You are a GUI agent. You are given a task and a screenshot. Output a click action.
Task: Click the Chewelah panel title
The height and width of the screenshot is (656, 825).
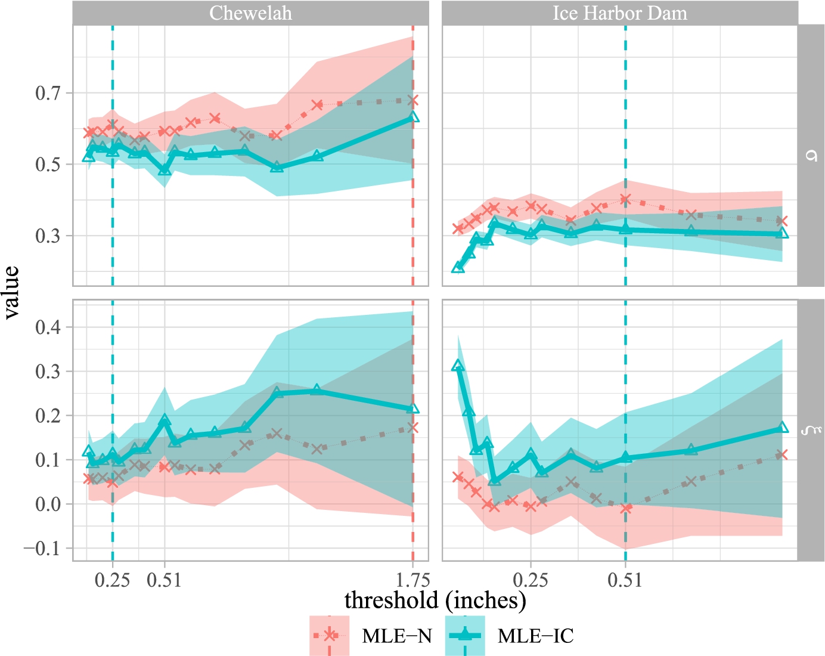point(250,13)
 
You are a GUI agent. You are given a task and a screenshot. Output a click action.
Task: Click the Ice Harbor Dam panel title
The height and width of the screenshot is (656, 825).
point(619,13)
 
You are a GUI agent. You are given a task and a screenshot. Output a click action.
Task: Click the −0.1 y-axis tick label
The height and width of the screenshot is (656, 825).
point(43,548)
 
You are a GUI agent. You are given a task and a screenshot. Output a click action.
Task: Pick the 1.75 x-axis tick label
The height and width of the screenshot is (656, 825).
point(412,580)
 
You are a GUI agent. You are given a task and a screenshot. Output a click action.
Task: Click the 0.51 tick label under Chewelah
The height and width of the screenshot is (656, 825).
point(165,580)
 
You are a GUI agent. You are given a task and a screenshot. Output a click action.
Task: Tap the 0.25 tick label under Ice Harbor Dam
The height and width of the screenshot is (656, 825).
point(531,580)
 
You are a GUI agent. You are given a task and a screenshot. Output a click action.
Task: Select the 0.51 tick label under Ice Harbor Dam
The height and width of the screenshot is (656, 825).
point(625,580)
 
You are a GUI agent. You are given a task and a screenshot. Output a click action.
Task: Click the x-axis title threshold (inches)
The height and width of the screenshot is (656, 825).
point(435,600)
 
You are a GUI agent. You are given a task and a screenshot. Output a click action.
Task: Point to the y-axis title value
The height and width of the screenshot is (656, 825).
point(12,293)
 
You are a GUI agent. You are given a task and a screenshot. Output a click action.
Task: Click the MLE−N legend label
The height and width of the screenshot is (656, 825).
point(397,636)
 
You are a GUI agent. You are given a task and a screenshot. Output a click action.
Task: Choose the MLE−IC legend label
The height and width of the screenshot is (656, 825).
point(535,636)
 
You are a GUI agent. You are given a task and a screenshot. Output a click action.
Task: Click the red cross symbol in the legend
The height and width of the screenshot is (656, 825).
point(329,636)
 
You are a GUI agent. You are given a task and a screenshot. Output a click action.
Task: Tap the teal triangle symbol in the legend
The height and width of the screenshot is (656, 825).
point(465,636)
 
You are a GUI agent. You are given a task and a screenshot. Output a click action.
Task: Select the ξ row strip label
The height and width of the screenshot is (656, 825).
point(811,429)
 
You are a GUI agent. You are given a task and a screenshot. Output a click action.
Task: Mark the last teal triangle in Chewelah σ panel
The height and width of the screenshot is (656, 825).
point(413,117)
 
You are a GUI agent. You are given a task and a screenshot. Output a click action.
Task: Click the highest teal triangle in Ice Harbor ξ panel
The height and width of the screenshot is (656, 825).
point(458,366)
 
